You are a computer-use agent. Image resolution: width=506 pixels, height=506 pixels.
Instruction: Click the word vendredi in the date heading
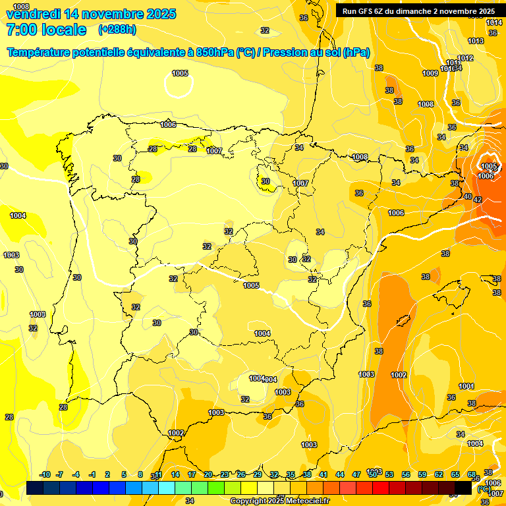(x=34, y=14)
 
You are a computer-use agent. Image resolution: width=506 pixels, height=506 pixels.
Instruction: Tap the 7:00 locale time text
(x=46, y=30)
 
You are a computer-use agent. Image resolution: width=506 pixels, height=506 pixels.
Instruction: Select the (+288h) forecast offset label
(x=117, y=30)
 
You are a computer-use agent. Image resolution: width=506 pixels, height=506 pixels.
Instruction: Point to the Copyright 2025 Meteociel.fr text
(x=280, y=501)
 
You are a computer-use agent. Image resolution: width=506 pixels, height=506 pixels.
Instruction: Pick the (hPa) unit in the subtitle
(x=356, y=53)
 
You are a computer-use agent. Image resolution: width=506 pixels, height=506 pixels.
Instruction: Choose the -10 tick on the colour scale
(x=45, y=474)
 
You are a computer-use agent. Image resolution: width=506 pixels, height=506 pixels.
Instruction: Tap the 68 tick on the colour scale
(x=471, y=474)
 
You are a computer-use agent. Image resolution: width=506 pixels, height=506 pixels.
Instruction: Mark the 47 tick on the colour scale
(x=356, y=474)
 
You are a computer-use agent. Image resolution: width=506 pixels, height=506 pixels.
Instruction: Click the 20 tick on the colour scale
(x=208, y=474)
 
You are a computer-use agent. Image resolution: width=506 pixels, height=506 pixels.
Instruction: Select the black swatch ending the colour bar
(x=463, y=488)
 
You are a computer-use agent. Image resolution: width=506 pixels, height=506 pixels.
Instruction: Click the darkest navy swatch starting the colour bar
(x=36, y=488)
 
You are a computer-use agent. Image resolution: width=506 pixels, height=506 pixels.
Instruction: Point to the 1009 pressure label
(x=430, y=73)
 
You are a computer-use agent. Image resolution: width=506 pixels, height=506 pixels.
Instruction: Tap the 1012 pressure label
(x=466, y=58)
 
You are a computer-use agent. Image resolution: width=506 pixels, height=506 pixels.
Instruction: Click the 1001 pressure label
(x=466, y=386)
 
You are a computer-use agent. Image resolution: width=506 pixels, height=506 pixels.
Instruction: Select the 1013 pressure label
(x=476, y=41)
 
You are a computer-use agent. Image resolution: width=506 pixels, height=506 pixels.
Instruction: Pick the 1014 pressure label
(x=494, y=23)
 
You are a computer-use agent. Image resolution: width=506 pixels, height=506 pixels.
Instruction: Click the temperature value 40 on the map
(x=468, y=196)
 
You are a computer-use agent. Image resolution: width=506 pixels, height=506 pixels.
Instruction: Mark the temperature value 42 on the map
(x=478, y=200)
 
